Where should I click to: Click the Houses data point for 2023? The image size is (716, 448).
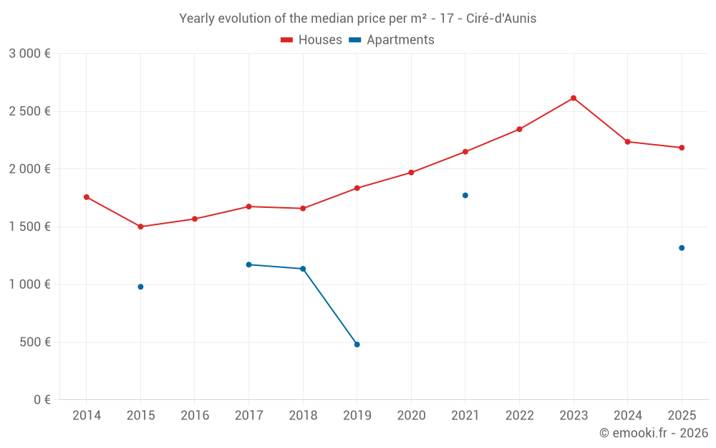[x=574, y=98]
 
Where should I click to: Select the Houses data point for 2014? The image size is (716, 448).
[x=87, y=197]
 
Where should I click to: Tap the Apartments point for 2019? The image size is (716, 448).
[x=357, y=345]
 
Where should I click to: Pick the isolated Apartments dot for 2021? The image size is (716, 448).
[x=465, y=195]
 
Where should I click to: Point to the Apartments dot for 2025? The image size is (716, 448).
[x=682, y=248]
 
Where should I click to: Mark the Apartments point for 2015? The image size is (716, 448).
[x=140, y=287]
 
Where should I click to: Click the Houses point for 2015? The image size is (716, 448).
[x=140, y=227]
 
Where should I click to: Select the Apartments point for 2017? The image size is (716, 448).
[x=248, y=264]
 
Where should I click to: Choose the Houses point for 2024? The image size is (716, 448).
[x=628, y=142]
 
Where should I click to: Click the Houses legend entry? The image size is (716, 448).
[x=311, y=40]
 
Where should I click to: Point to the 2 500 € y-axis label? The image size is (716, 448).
[x=29, y=111]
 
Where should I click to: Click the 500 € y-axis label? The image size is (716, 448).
[x=35, y=342]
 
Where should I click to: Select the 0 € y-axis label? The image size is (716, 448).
[x=42, y=400]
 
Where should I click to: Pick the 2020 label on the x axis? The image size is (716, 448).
[x=411, y=416]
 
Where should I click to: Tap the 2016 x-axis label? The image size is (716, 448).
[x=195, y=416]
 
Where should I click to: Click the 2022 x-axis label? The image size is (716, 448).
[x=519, y=416]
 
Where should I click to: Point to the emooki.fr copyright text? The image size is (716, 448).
[x=654, y=433]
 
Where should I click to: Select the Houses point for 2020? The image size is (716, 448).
[x=411, y=173]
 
